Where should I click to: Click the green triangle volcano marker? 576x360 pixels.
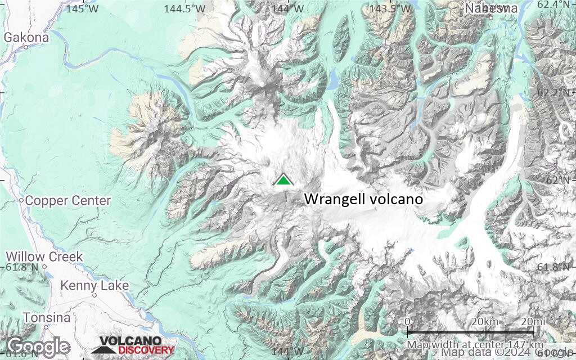pyautogui.click(x=284, y=180)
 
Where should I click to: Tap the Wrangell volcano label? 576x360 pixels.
pyautogui.click(x=363, y=199)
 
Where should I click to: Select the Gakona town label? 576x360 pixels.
pyautogui.click(x=26, y=38)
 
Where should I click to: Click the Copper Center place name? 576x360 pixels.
pyautogui.click(x=68, y=201)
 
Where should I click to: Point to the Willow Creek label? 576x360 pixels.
pyautogui.click(x=44, y=256)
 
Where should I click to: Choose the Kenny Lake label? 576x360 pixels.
pyautogui.click(x=94, y=286)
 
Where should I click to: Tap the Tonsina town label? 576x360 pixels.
pyautogui.click(x=39, y=318)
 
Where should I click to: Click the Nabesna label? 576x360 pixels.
pyautogui.click(x=491, y=8)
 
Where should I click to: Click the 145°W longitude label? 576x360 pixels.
pyautogui.click(x=82, y=8)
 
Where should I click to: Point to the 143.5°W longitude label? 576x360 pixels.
pyautogui.click(x=390, y=8)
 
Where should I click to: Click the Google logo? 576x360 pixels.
pyautogui.click(x=38, y=346)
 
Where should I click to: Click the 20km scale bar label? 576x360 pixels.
pyautogui.click(x=485, y=321)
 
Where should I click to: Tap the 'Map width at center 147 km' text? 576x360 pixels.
pyautogui.click(x=475, y=344)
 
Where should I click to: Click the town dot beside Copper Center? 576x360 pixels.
pyautogui.click(x=21, y=200)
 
